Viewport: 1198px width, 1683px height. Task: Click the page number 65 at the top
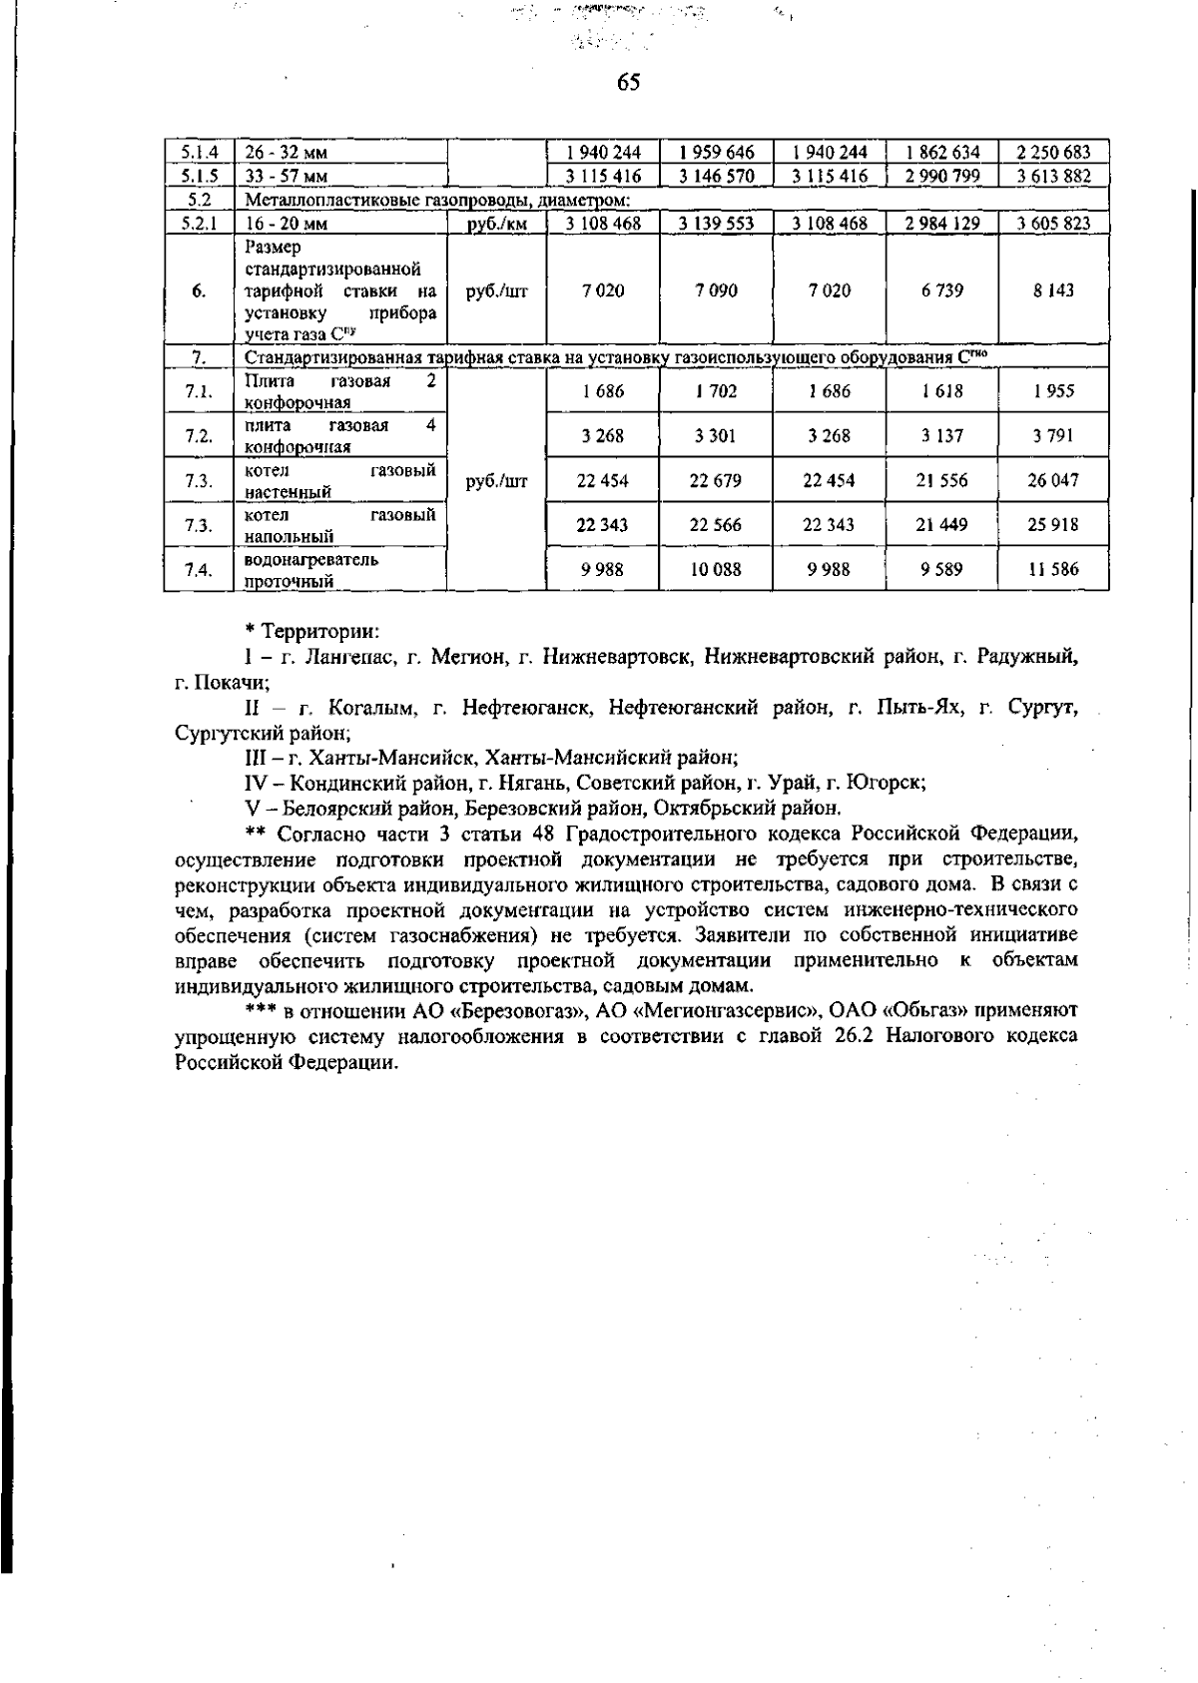click(x=628, y=83)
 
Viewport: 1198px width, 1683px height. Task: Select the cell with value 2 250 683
click(x=1053, y=153)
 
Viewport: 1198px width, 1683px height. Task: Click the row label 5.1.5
click(x=199, y=176)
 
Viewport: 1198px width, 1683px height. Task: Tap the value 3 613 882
click(x=1053, y=176)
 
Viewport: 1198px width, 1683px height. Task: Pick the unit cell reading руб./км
click(x=497, y=224)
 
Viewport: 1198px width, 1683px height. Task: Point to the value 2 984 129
click(x=941, y=224)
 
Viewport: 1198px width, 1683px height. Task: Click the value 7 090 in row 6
click(x=715, y=290)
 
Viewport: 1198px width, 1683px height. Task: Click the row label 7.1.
click(x=199, y=391)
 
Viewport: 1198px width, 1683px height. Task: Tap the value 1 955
click(x=1053, y=391)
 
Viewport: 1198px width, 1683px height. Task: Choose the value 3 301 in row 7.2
click(x=715, y=436)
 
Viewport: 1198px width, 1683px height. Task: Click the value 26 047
click(x=1053, y=480)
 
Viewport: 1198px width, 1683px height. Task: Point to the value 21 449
click(x=941, y=525)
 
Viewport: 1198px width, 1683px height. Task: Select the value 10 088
click(x=715, y=570)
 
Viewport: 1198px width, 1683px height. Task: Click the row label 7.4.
click(x=199, y=570)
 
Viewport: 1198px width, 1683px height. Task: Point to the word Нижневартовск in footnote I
click(x=613, y=657)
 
